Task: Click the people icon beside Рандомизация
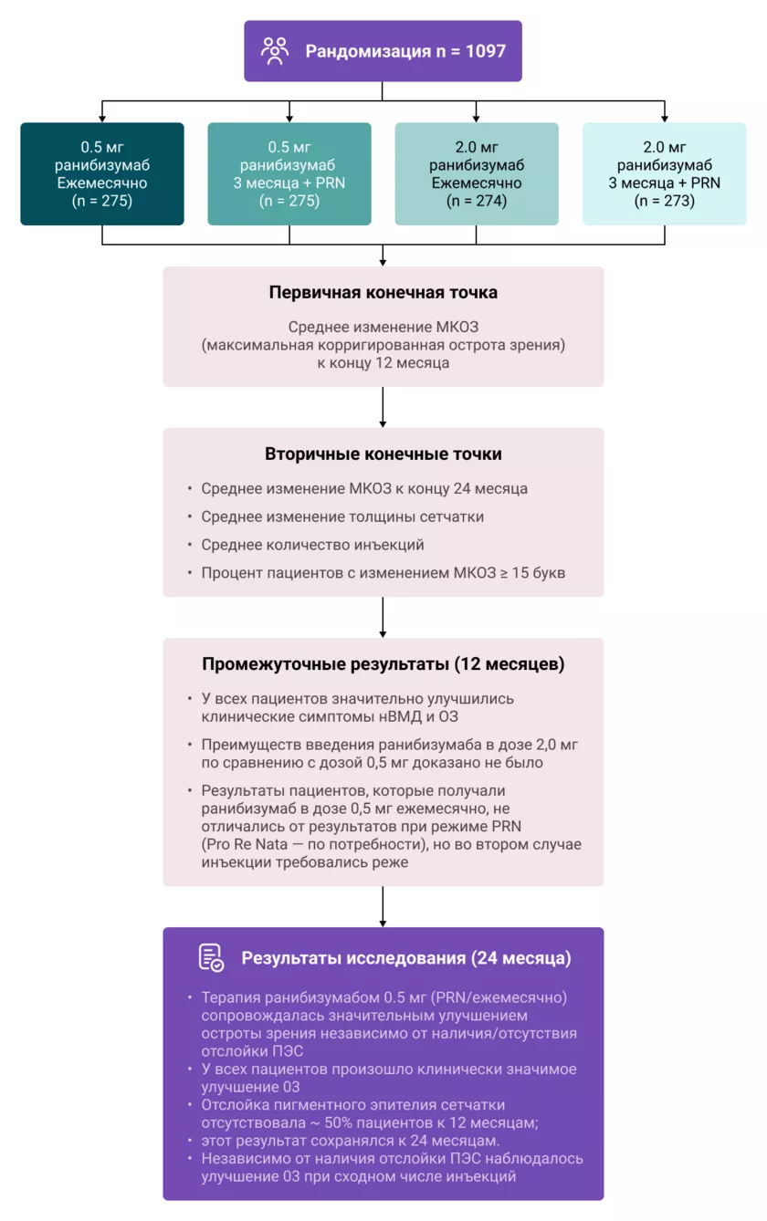coord(274,50)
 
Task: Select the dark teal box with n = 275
coord(102,173)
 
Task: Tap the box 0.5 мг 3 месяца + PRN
coord(289,173)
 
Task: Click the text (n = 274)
coord(477,201)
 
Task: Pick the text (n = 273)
coord(665,201)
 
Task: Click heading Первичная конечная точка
coord(383,293)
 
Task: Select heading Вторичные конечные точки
coord(383,454)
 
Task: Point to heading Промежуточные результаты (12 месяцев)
coord(383,663)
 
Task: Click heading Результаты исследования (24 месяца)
coord(406,958)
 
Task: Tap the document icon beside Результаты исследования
coord(211,957)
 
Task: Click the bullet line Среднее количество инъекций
coord(312,545)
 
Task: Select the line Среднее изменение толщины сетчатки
coord(342,517)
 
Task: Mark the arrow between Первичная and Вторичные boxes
coord(383,407)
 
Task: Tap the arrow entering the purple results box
coord(383,908)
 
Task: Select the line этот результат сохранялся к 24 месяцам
coord(350,1141)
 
